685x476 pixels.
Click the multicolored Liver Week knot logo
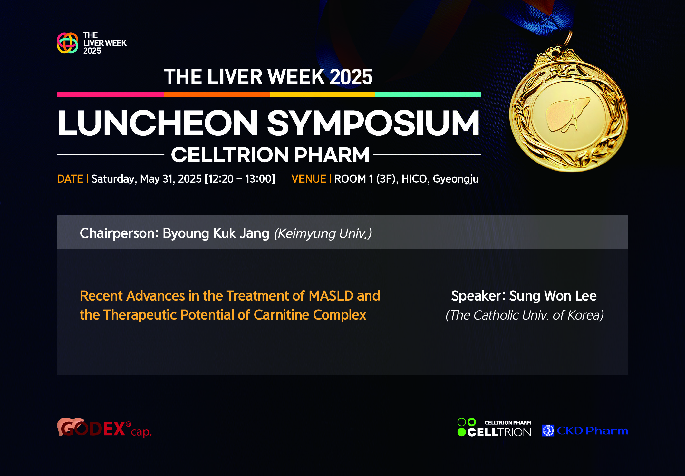click(x=68, y=43)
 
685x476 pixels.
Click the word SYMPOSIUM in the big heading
click(x=373, y=123)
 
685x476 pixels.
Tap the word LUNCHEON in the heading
click(x=158, y=123)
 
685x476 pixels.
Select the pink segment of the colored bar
click(x=111, y=95)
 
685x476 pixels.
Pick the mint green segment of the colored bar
click(x=428, y=95)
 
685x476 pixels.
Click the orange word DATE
click(x=70, y=179)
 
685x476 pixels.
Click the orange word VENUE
click(x=309, y=179)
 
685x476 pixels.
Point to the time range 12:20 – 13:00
click(x=240, y=179)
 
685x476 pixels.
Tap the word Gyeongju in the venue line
click(x=456, y=179)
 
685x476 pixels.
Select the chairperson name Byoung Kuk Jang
click(x=216, y=233)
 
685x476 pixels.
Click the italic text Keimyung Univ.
click(x=323, y=233)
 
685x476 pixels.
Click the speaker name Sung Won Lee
click(x=553, y=296)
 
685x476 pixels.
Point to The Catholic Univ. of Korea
click(x=525, y=315)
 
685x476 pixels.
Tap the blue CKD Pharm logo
click(x=585, y=431)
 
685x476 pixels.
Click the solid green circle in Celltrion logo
click(x=462, y=432)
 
